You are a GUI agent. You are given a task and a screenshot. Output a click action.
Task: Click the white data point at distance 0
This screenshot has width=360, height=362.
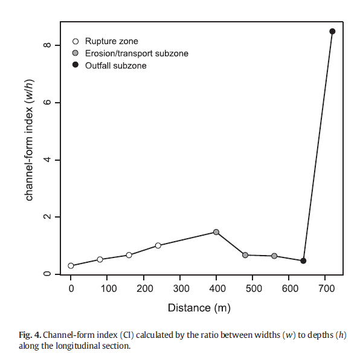[71, 266]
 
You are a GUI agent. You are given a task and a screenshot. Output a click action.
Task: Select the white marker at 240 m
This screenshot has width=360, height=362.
[158, 245]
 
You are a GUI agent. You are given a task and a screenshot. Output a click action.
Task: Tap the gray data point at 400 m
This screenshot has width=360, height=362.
[216, 232]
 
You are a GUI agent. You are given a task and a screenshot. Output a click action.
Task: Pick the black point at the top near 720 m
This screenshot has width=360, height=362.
[332, 31]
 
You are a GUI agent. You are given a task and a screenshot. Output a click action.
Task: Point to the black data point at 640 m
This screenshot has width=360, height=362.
[303, 261]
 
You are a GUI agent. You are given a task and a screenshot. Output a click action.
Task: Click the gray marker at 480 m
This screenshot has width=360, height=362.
[245, 255]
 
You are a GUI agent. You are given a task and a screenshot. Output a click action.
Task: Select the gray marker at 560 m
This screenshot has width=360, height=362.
[274, 256]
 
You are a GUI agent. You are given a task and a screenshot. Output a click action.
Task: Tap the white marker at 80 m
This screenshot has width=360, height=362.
[100, 259]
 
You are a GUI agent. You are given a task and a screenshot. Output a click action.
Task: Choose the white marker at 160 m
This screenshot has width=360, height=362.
[129, 255]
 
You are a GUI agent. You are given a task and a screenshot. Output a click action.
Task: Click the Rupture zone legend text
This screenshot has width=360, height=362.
[112, 41]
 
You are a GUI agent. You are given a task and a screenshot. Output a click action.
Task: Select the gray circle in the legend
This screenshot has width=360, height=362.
[76, 53]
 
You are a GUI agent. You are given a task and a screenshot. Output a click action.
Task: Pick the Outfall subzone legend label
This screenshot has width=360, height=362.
[116, 66]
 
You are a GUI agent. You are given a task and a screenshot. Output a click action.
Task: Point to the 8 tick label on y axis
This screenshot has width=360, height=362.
[47, 45]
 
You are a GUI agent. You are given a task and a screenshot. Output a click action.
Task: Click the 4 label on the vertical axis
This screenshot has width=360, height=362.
[47, 160]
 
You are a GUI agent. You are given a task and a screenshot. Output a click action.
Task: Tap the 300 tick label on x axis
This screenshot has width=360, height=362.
[181, 289]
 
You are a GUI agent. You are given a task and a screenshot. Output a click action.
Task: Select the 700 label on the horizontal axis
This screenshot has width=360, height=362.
[326, 289]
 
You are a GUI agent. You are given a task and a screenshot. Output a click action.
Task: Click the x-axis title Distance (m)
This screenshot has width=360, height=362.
[199, 308]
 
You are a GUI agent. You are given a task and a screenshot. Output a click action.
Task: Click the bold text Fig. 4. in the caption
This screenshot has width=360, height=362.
[30, 335]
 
